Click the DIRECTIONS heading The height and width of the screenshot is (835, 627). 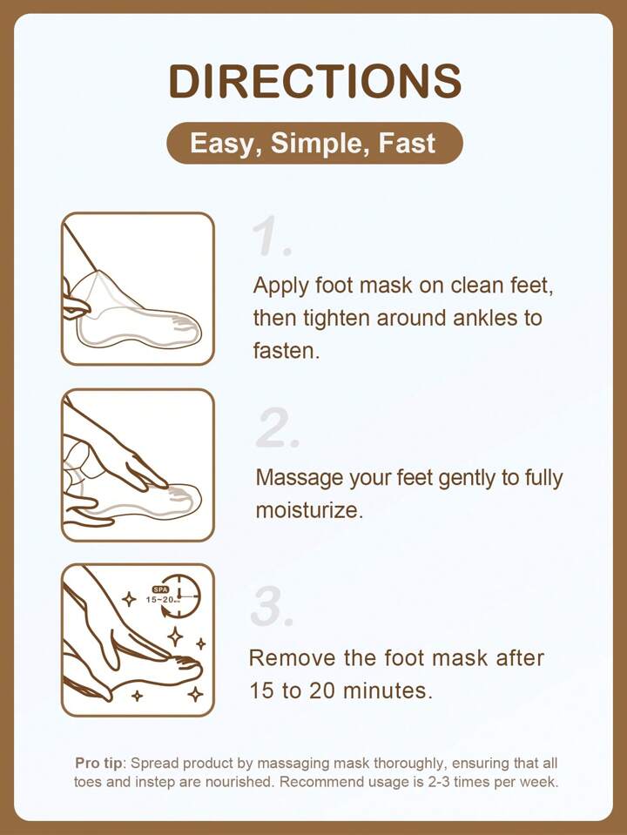(x=315, y=81)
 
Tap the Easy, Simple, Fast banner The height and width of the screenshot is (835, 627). (x=315, y=143)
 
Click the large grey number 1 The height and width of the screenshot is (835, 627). (x=271, y=235)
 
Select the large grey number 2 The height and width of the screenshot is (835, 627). (x=278, y=428)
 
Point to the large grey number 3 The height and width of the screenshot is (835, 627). (x=272, y=606)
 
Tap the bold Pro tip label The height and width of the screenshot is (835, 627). (x=98, y=763)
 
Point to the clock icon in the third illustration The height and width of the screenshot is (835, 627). (x=182, y=596)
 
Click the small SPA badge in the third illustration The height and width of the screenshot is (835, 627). (x=160, y=589)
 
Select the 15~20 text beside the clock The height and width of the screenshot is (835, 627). (x=160, y=600)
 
